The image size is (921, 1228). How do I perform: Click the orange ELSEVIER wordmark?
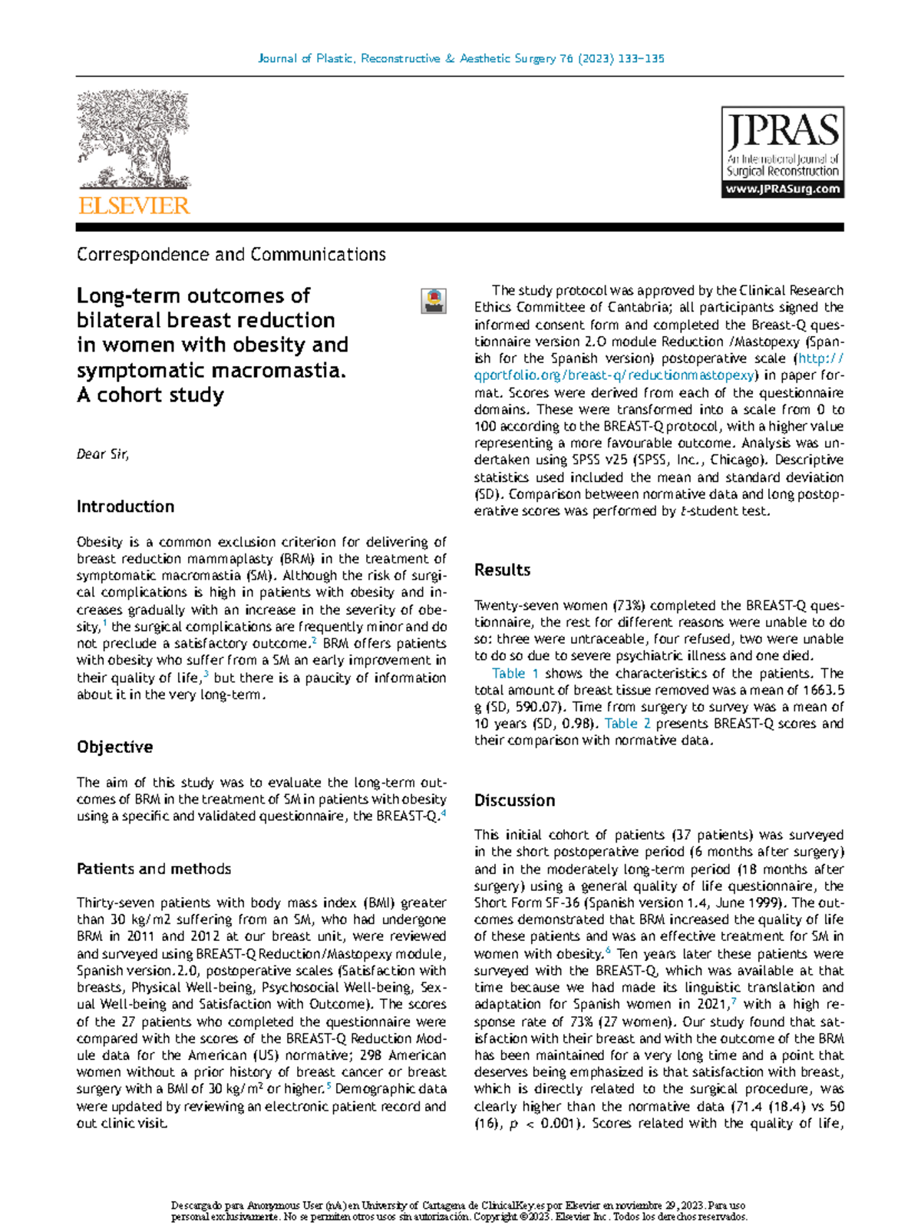pyautogui.click(x=134, y=206)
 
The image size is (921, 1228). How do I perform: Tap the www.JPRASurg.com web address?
pyautogui.click(x=782, y=190)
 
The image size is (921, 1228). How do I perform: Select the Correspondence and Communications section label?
pyautogui.click(x=231, y=254)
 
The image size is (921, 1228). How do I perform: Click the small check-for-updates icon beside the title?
pyautogui.click(x=434, y=301)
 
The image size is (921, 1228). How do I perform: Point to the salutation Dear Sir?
pyautogui.click(x=103, y=454)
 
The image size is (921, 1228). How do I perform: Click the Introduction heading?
pyautogui.click(x=125, y=507)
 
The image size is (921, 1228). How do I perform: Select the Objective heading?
pyautogui.click(x=114, y=747)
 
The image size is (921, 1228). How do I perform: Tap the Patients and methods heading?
pyautogui.click(x=153, y=869)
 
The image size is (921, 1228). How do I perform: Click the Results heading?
pyautogui.click(x=502, y=570)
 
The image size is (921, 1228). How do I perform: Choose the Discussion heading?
pyautogui.click(x=514, y=801)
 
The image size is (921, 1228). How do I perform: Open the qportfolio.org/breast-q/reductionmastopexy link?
pyautogui.click(x=614, y=375)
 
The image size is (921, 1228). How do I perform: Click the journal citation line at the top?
pyautogui.click(x=460, y=58)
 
